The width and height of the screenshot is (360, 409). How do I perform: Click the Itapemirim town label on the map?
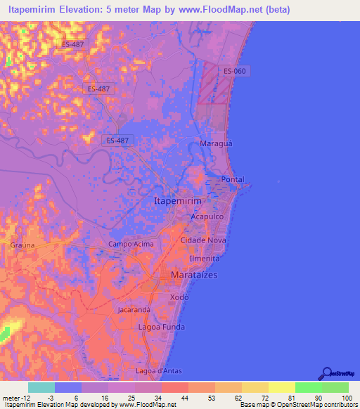[x=177, y=201]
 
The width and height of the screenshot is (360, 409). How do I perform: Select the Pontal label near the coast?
[x=233, y=180]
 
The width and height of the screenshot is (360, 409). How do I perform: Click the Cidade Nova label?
[x=202, y=240]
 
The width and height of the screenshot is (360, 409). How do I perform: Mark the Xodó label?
[x=180, y=298]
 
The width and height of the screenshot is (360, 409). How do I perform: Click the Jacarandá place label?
[x=134, y=310]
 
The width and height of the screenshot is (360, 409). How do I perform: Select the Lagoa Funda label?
[x=162, y=327]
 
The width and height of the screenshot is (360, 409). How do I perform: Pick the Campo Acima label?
[x=130, y=245]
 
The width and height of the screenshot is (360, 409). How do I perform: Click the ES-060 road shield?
[x=234, y=71]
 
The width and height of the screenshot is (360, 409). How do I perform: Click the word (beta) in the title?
[x=273, y=10]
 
